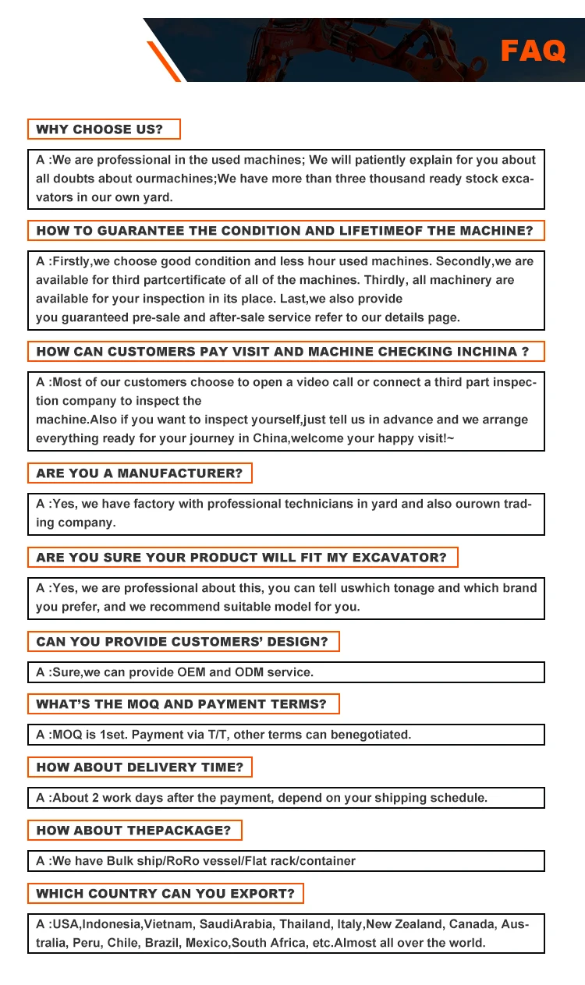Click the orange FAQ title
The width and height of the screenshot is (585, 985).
pos(533,51)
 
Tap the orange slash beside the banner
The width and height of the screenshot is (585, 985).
pos(165,62)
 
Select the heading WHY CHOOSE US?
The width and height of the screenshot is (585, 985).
pos(100,129)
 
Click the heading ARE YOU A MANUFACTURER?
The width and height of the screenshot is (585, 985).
pos(140,473)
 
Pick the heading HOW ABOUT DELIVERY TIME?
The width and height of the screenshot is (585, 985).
pos(140,767)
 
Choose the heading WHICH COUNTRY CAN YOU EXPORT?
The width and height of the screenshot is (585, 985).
pos(165,894)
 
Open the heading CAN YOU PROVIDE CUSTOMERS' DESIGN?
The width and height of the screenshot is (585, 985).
pos(183,642)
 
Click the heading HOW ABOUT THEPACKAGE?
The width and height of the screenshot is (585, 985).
pos(133,831)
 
